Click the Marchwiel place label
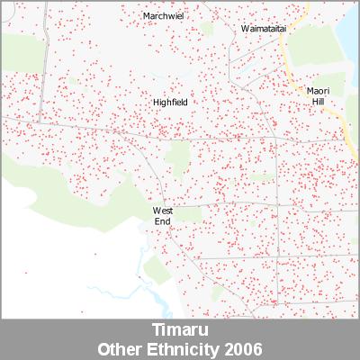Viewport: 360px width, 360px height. click(x=163, y=16)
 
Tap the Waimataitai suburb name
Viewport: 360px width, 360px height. click(x=264, y=29)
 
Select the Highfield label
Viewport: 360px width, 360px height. click(x=170, y=103)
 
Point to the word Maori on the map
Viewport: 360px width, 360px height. click(x=318, y=91)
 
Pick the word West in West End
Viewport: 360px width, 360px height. click(x=162, y=211)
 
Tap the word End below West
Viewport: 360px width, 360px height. click(x=162, y=220)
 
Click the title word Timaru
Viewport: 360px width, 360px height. click(x=179, y=330)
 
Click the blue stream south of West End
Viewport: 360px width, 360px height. click(x=135, y=270)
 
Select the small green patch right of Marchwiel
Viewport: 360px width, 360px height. click(x=206, y=29)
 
